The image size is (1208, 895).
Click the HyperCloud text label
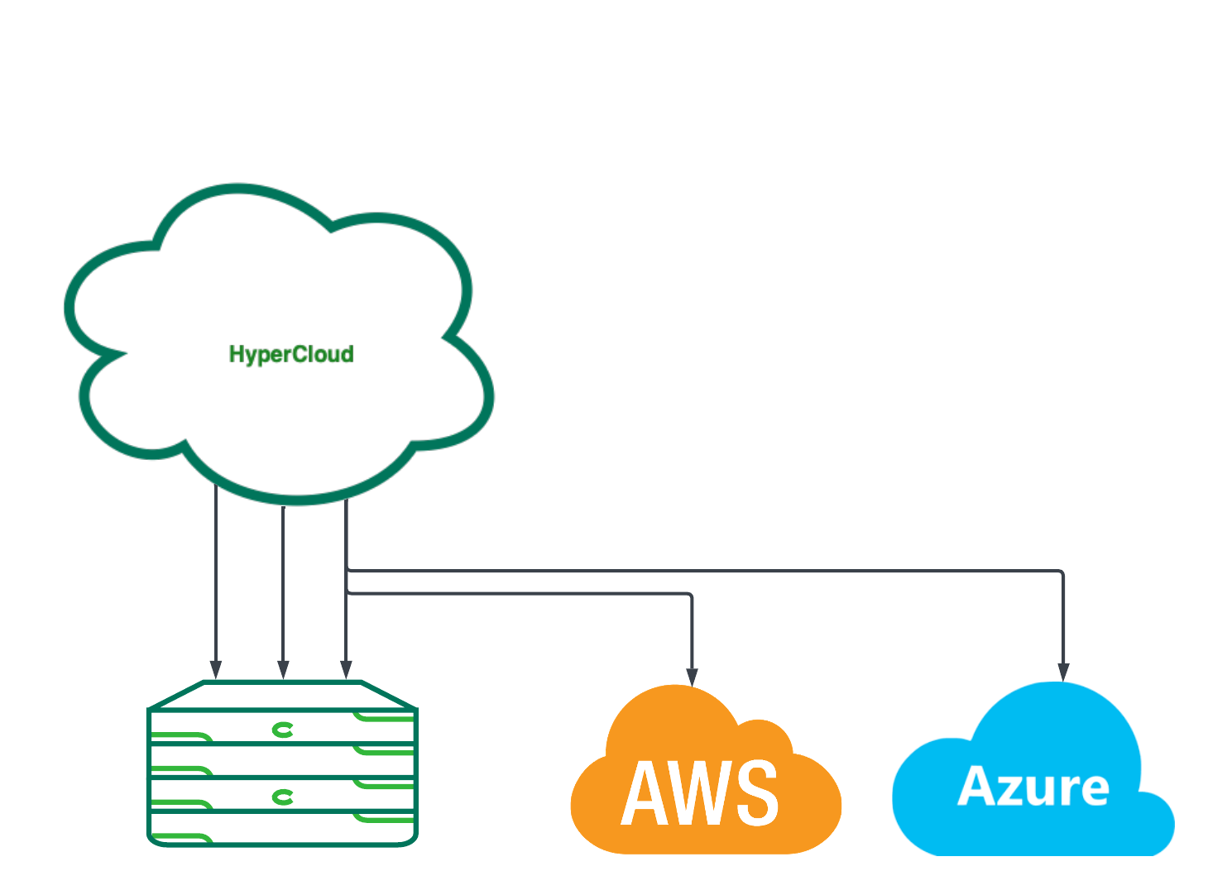tap(291, 355)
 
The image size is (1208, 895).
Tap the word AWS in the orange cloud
tap(700, 793)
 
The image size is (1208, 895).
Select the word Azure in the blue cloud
tap(1033, 787)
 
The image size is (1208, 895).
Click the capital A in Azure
tap(976, 786)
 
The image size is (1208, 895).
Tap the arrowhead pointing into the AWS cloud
tap(692, 676)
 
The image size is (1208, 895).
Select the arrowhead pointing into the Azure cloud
tap(1063, 672)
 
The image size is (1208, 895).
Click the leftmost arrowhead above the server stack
tap(216, 669)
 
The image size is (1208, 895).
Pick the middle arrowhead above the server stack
tap(284, 669)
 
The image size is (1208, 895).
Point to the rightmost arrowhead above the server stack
tap(347, 669)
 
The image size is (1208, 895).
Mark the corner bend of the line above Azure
tap(1061, 572)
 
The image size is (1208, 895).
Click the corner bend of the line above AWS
tap(689, 596)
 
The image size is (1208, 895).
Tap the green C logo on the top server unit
tap(283, 730)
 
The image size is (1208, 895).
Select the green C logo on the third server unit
tap(283, 797)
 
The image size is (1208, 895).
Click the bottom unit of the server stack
tap(282, 829)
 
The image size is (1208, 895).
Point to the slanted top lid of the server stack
tap(282, 695)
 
